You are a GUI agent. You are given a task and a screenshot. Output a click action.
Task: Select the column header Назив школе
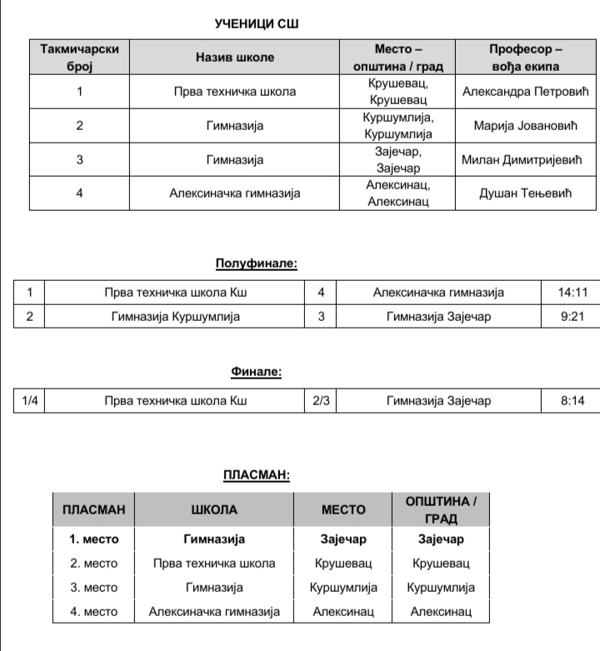(x=234, y=58)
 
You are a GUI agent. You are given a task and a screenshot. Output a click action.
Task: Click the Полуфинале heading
(x=257, y=264)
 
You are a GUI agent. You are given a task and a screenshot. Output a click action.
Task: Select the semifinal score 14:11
(x=573, y=293)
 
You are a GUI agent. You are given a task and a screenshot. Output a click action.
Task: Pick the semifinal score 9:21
(x=573, y=317)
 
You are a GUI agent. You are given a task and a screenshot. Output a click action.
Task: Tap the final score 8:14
(x=573, y=401)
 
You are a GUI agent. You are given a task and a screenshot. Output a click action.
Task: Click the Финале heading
(x=257, y=372)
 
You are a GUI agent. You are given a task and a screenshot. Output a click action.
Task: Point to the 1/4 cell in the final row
(x=30, y=401)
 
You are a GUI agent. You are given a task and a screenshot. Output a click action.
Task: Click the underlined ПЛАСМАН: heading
(x=257, y=475)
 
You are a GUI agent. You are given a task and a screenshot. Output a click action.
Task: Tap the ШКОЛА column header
(x=214, y=509)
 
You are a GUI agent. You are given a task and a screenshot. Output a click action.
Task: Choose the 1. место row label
(x=93, y=539)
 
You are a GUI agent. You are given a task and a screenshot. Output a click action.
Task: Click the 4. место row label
(x=93, y=612)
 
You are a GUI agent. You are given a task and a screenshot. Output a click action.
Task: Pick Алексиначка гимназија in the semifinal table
(x=438, y=293)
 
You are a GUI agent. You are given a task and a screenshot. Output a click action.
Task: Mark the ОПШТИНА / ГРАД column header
(x=441, y=509)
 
